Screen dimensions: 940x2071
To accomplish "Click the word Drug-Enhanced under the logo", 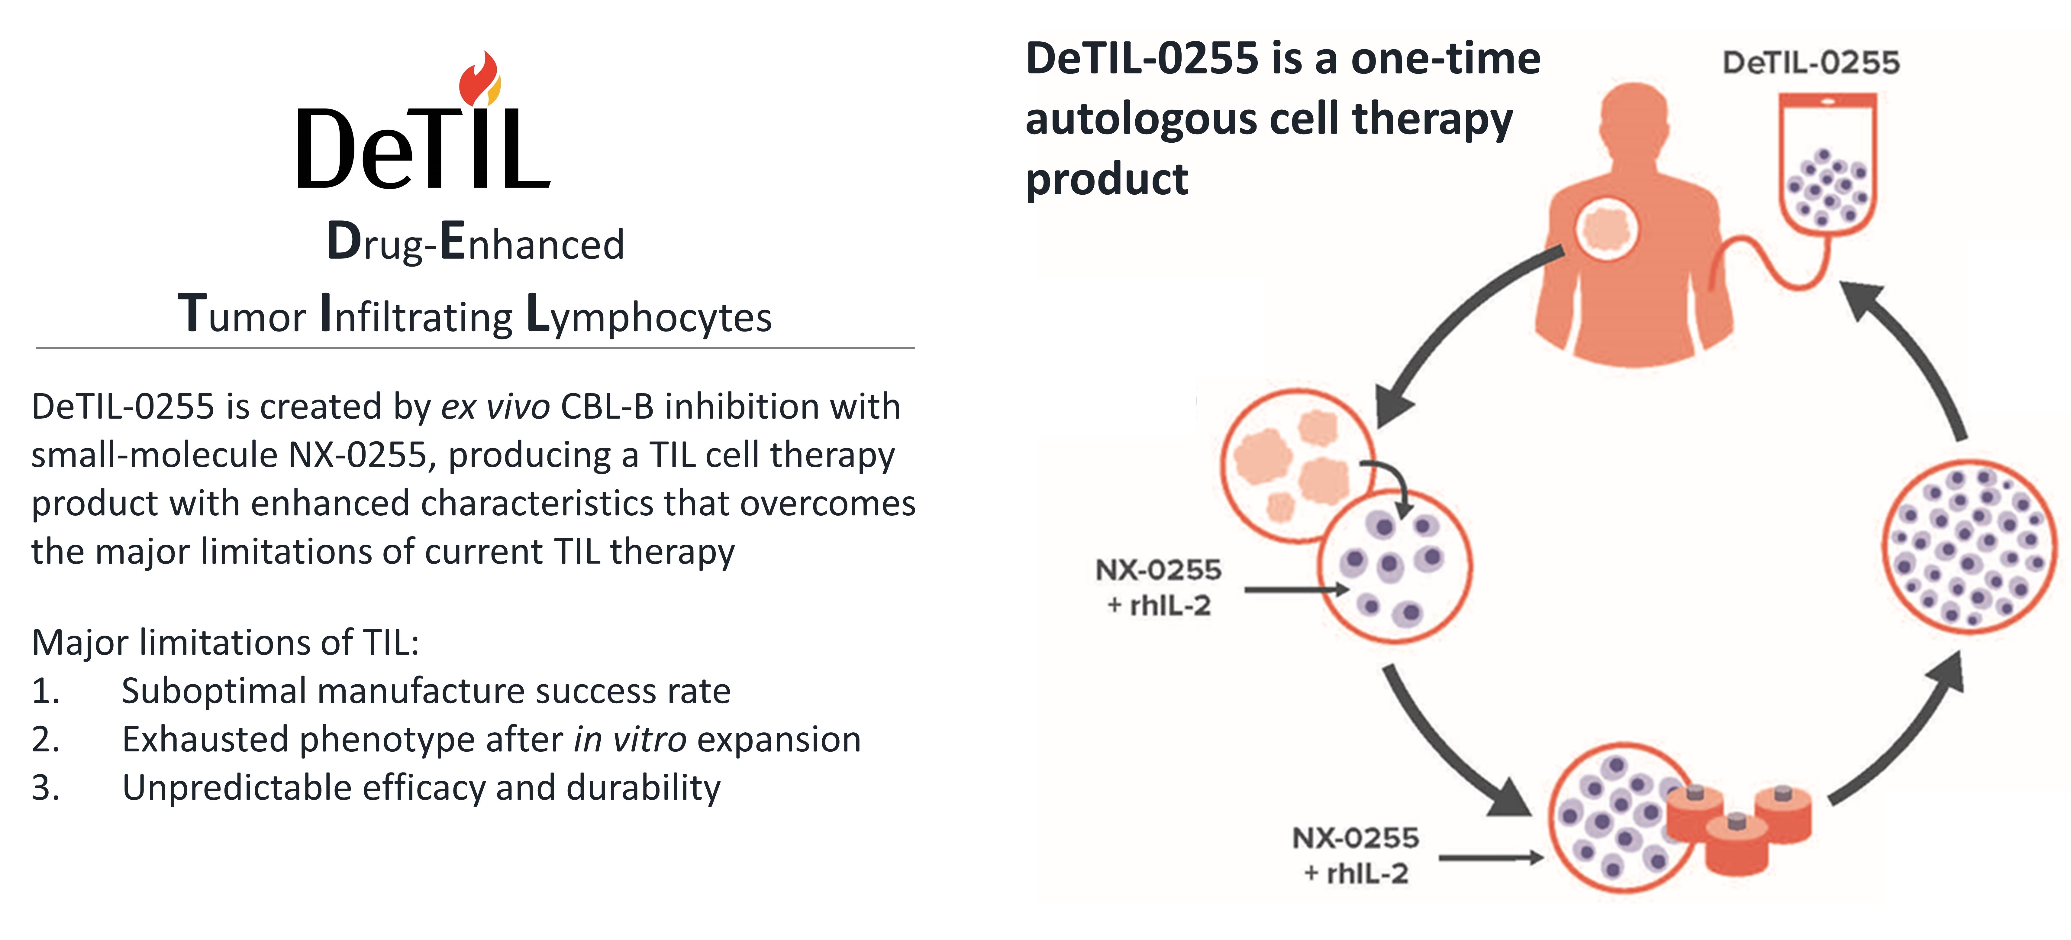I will (x=475, y=242).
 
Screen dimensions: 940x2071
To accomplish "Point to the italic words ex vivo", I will (x=495, y=407).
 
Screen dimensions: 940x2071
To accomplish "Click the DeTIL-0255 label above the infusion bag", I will (x=1811, y=63).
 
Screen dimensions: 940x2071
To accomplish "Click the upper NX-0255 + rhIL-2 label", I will (x=1158, y=587).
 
